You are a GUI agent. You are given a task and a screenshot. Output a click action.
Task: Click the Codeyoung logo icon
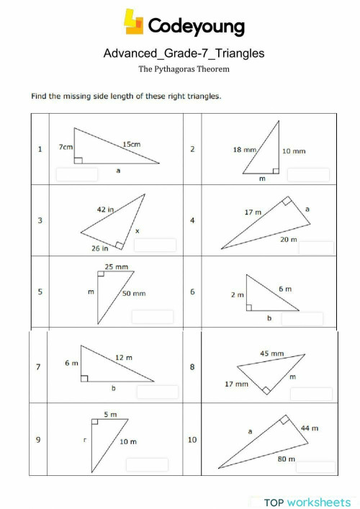pyautogui.click(x=134, y=22)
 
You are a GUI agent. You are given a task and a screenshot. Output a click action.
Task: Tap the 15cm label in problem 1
pyautogui.click(x=131, y=144)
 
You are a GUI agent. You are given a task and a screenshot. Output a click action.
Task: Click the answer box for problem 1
pyautogui.click(x=77, y=174)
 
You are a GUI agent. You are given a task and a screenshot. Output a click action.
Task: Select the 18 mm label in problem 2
pyautogui.click(x=245, y=150)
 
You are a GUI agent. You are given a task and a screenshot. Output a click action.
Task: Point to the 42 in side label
pyautogui.click(x=105, y=210)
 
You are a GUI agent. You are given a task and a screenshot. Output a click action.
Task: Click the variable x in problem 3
pyautogui.click(x=137, y=230)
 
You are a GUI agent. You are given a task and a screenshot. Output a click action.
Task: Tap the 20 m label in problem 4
pyautogui.click(x=289, y=239)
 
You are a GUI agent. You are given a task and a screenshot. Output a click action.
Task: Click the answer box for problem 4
pyautogui.click(x=311, y=248)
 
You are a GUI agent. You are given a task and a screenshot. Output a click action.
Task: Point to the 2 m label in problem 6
pyautogui.click(x=237, y=294)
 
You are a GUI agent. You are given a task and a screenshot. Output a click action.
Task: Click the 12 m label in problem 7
pyautogui.click(x=124, y=358)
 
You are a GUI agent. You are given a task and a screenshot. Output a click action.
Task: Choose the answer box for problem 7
pyautogui.click(x=157, y=392)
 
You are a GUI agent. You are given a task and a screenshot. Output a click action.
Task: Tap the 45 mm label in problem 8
pyautogui.click(x=271, y=353)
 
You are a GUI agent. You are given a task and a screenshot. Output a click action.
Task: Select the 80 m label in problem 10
pyautogui.click(x=286, y=456)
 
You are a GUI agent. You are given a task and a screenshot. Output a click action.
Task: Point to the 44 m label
pyautogui.click(x=310, y=428)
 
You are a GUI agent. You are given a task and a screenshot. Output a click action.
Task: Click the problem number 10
pyautogui.click(x=192, y=439)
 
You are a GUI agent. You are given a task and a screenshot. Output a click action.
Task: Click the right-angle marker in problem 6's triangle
pyautogui.click(x=249, y=307)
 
